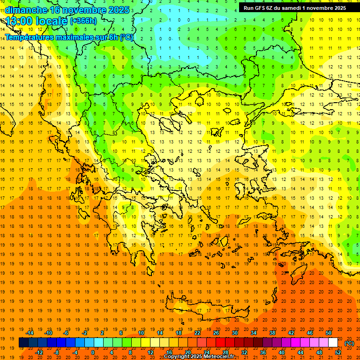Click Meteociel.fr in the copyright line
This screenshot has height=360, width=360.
[x=217, y=357]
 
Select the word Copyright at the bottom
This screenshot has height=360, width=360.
[x=177, y=357]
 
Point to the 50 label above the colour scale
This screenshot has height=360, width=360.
[x=329, y=333]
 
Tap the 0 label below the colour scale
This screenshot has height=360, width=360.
[x=93, y=352]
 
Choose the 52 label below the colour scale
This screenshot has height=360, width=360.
[x=338, y=352]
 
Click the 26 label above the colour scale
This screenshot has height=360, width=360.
[x=216, y=333]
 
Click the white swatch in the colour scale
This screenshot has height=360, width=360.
[x=333, y=343]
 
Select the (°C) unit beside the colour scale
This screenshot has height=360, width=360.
[x=349, y=343]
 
